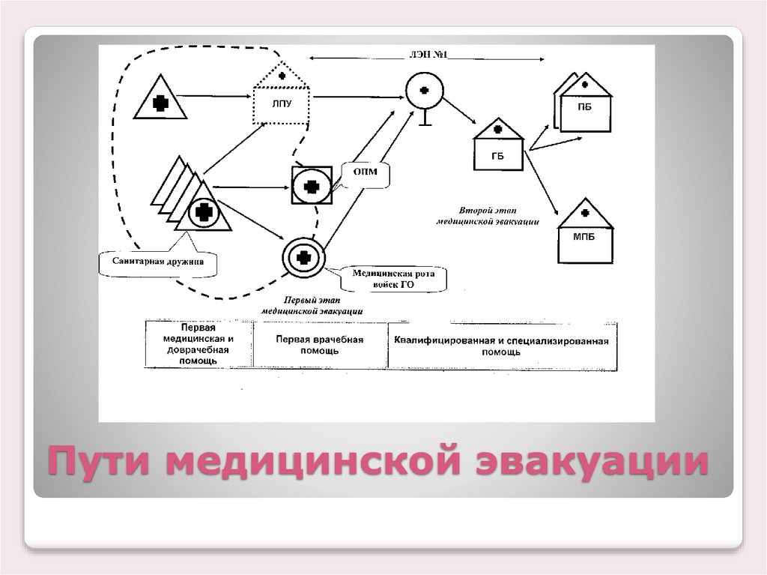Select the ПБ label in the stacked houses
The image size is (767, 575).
585,107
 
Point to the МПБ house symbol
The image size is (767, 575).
585,233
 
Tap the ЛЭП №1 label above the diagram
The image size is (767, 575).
428,55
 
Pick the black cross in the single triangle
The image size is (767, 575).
160,104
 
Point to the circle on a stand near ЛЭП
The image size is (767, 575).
424,91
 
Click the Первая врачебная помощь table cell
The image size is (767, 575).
320,345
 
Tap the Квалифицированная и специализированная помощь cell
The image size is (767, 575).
502,346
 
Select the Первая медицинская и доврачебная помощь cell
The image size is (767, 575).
198,345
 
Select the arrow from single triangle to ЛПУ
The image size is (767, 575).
217,95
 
